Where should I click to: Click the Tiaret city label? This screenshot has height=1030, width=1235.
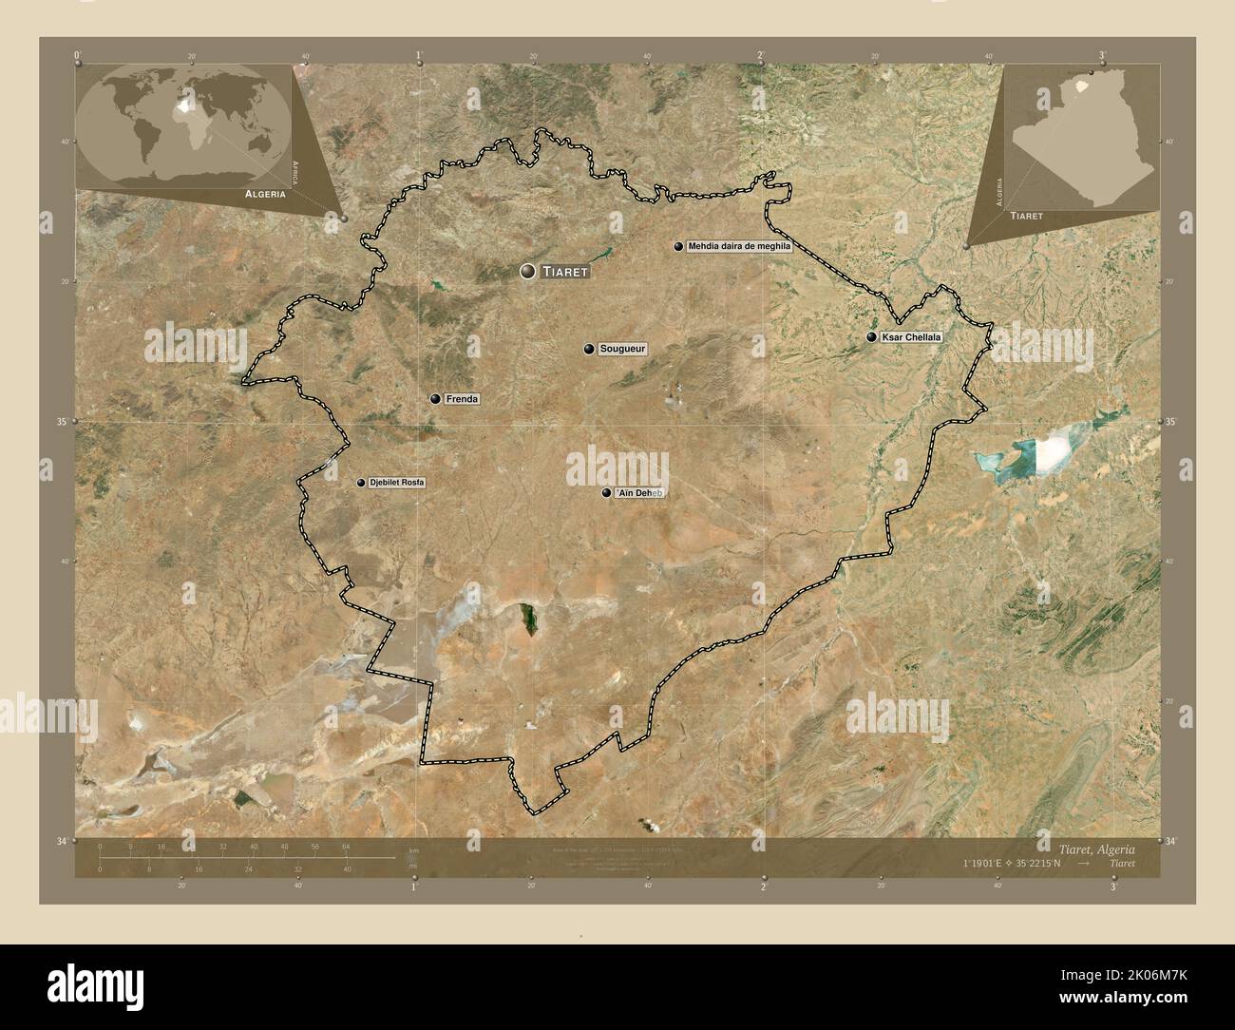pyautogui.click(x=566, y=272)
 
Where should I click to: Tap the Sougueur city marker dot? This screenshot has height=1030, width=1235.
pyautogui.click(x=590, y=350)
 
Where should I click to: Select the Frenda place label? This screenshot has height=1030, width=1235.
pyautogui.click(x=461, y=399)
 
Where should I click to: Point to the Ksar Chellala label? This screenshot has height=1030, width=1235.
pyautogui.click(x=911, y=337)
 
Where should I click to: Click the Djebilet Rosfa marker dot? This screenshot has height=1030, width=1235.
pyautogui.click(x=361, y=483)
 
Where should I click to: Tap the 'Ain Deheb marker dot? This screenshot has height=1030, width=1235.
pyautogui.click(x=606, y=493)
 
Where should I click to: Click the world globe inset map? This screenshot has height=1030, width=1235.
pyautogui.click(x=184, y=124)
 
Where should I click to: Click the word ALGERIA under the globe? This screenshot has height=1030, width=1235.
pyautogui.click(x=265, y=193)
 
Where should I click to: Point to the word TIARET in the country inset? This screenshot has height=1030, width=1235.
pyautogui.click(x=1026, y=217)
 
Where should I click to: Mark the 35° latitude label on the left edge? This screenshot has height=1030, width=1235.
pyautogui.click(x=64, y=422)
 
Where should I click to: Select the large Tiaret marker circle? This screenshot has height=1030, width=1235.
pyautogui.click(x=527, y=272)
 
